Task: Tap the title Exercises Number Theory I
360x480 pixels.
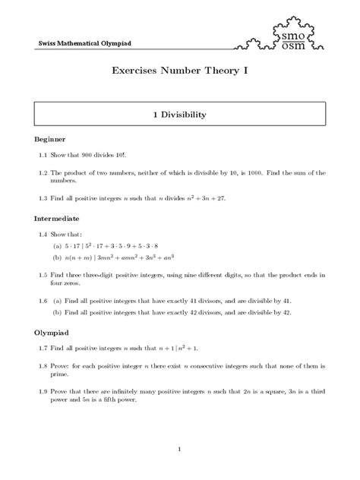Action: (180, 74)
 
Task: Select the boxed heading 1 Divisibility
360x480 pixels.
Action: (180, 115)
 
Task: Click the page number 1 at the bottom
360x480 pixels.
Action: (180, 450)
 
